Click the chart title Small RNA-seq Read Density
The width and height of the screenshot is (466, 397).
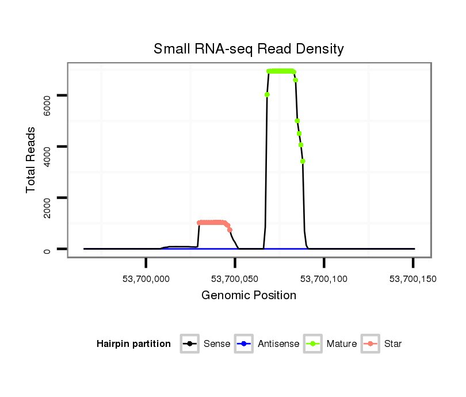pos(249,49)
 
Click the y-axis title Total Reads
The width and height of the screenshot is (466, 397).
pos(31,159)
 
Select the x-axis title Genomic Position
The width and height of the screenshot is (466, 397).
pos(249,296)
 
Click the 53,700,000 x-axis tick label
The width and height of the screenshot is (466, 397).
pos(146,279)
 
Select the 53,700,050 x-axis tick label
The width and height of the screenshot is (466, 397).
pos(235,279)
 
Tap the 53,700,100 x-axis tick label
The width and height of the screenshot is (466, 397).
pos(324,279)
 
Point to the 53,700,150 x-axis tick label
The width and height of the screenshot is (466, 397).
pos(412,279)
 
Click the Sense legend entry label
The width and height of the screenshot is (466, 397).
pos(217,344)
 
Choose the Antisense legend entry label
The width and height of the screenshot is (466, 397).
pos(278,344)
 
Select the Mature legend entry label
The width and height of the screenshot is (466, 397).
pos(342,344)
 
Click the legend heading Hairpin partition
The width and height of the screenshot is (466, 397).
pos(133,344)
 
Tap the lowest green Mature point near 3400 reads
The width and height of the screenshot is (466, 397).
pos(303,161)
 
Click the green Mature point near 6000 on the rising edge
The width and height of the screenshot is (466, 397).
pos(267,94)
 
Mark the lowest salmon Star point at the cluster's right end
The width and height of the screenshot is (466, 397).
pos(230,230)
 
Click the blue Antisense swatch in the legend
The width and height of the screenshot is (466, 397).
pos(244,344)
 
